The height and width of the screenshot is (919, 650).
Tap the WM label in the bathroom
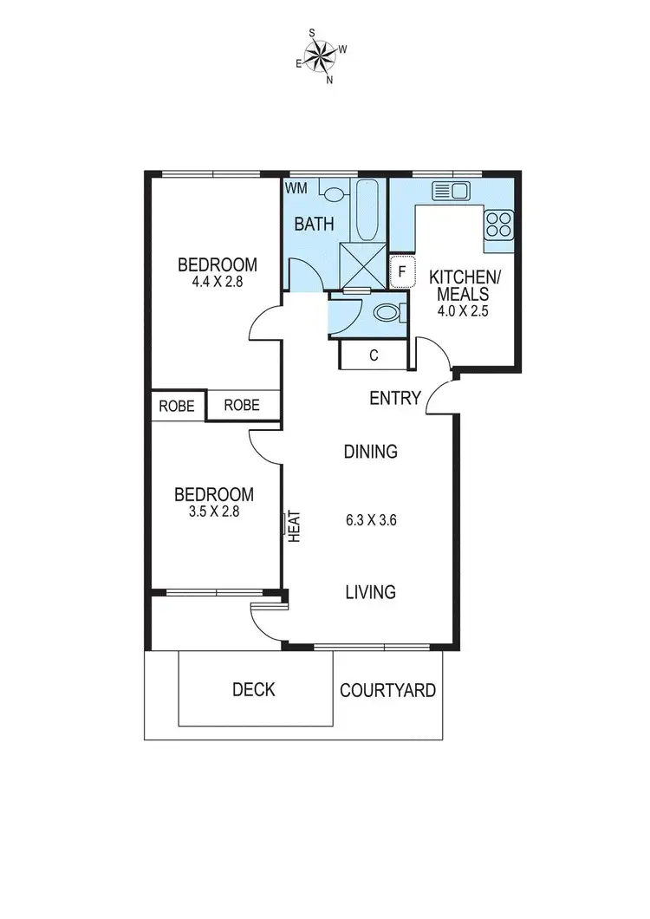tap(296, 186)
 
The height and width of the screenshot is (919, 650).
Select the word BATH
tap(314, 225)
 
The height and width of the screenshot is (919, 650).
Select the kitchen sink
tap(451, 191)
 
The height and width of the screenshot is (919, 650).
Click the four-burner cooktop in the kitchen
tap(498, 225)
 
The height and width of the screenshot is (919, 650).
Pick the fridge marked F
tap(401, 270)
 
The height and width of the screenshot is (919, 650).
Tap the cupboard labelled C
tap(373, 355)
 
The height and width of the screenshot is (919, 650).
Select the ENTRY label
tap(395, 399)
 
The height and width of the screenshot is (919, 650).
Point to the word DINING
tap(370, 452)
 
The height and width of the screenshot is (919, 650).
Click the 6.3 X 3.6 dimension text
tap(370, 521)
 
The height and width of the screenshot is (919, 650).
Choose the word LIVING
tap(370, 592)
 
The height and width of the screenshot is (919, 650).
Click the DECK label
tap(254, 690)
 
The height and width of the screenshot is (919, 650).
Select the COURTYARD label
tap(387, 691)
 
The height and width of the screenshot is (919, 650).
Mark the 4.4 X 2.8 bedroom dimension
tap(218, 282)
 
